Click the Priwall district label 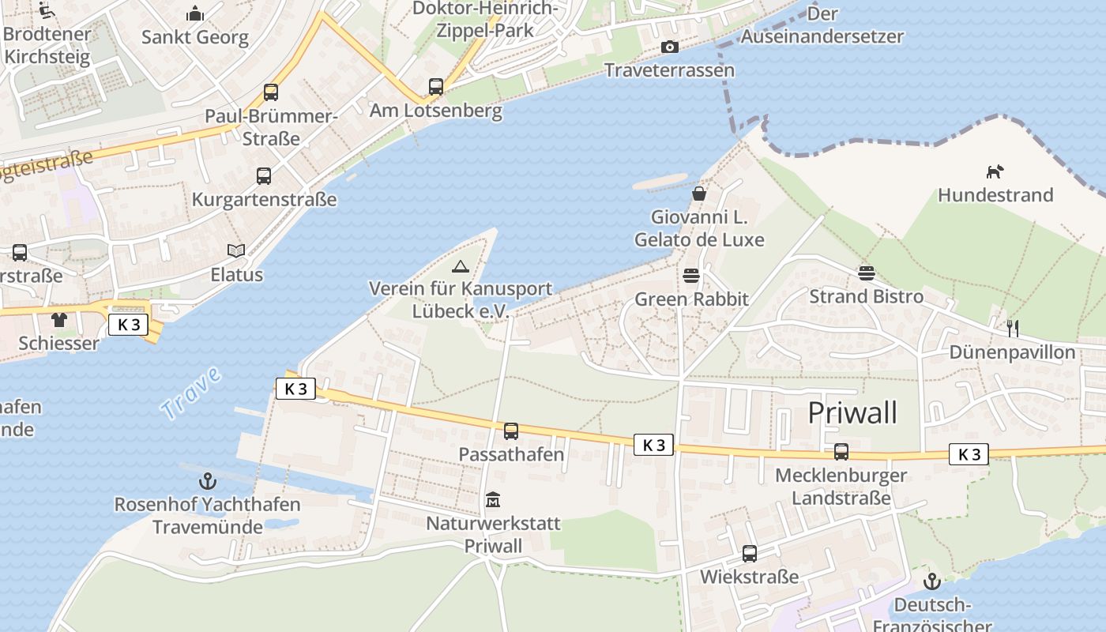click(x=852, y=412)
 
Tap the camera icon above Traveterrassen click(x=669, y=47)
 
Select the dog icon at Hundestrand click(x=995, y=171)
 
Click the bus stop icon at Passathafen click(x=511, y=431)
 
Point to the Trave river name click(x=190, y=393)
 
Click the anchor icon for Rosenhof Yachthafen click(x=207, y=480)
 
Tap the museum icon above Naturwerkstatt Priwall click(x=493, y=500)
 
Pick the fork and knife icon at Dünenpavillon click(x=1013, y=328)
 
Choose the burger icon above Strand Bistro click(x=867, y=273)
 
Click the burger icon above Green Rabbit click(x=691, y=276)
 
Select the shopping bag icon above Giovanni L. click(x=699, y=193)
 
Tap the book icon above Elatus click(x=236, y=250)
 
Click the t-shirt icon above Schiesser click(x=59, y=320)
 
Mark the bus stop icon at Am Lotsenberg click(x=436, y=87)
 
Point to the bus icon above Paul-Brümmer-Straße click(x=271, y=92)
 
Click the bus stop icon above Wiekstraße click(x=749, y=554)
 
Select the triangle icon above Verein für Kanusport click(x=460, y=266)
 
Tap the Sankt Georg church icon click(x=194, y=13)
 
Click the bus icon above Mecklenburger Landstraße click(x=841, y=452)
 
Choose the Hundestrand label click(x=995, y=195)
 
